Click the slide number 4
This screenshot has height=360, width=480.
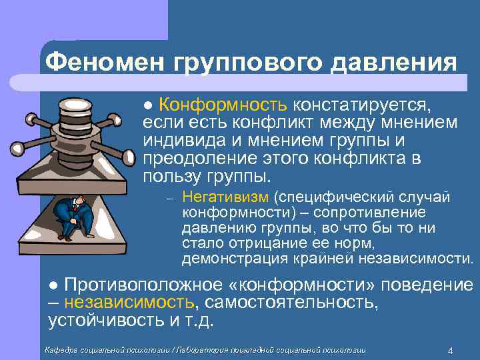pos(451,351)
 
